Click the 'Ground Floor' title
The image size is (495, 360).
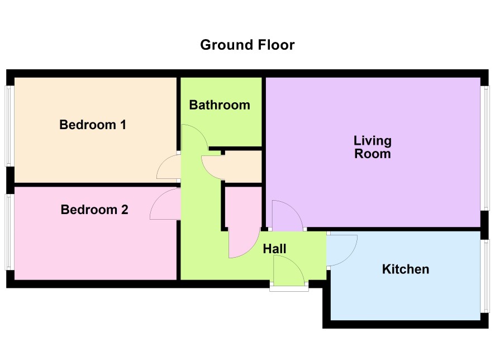[x=247, y=45]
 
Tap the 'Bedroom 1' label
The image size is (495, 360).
[x=93, y=125]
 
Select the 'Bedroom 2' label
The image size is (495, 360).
[x=94, y=210]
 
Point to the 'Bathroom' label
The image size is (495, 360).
[x=220, y=105]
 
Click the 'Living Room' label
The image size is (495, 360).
[x=373, y=147]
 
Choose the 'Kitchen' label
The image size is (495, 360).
[x=406, y=269]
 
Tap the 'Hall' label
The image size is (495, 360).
[x=275, y=249]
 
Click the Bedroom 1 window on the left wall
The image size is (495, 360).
[x=9, y=126]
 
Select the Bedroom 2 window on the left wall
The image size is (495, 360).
[x=9, y=232]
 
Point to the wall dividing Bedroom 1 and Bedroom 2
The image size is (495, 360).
[x=96, y=184]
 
